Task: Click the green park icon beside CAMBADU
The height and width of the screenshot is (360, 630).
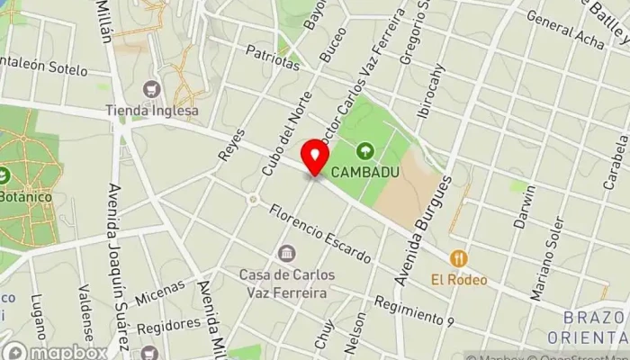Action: (365, 150)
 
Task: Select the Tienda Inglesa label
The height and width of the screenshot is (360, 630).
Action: (152, 111)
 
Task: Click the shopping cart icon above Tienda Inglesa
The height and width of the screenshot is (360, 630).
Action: (151, 89)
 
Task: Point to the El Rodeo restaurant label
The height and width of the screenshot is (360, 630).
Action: (459, 279)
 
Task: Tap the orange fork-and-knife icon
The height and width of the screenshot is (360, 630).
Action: (459, 258)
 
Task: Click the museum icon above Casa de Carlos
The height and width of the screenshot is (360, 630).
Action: (287, 254)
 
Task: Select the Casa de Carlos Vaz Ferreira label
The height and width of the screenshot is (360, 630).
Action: (287, 282)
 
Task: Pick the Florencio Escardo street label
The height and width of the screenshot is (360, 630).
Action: (319, 236)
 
